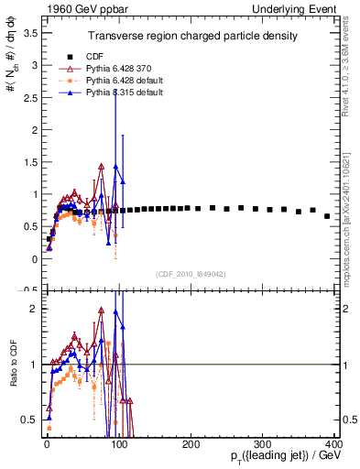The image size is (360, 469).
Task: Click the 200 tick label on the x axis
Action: click(191, 443)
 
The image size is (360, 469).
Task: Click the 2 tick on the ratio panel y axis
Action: click(34, 309)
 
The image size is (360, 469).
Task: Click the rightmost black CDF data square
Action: click(327, 216)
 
